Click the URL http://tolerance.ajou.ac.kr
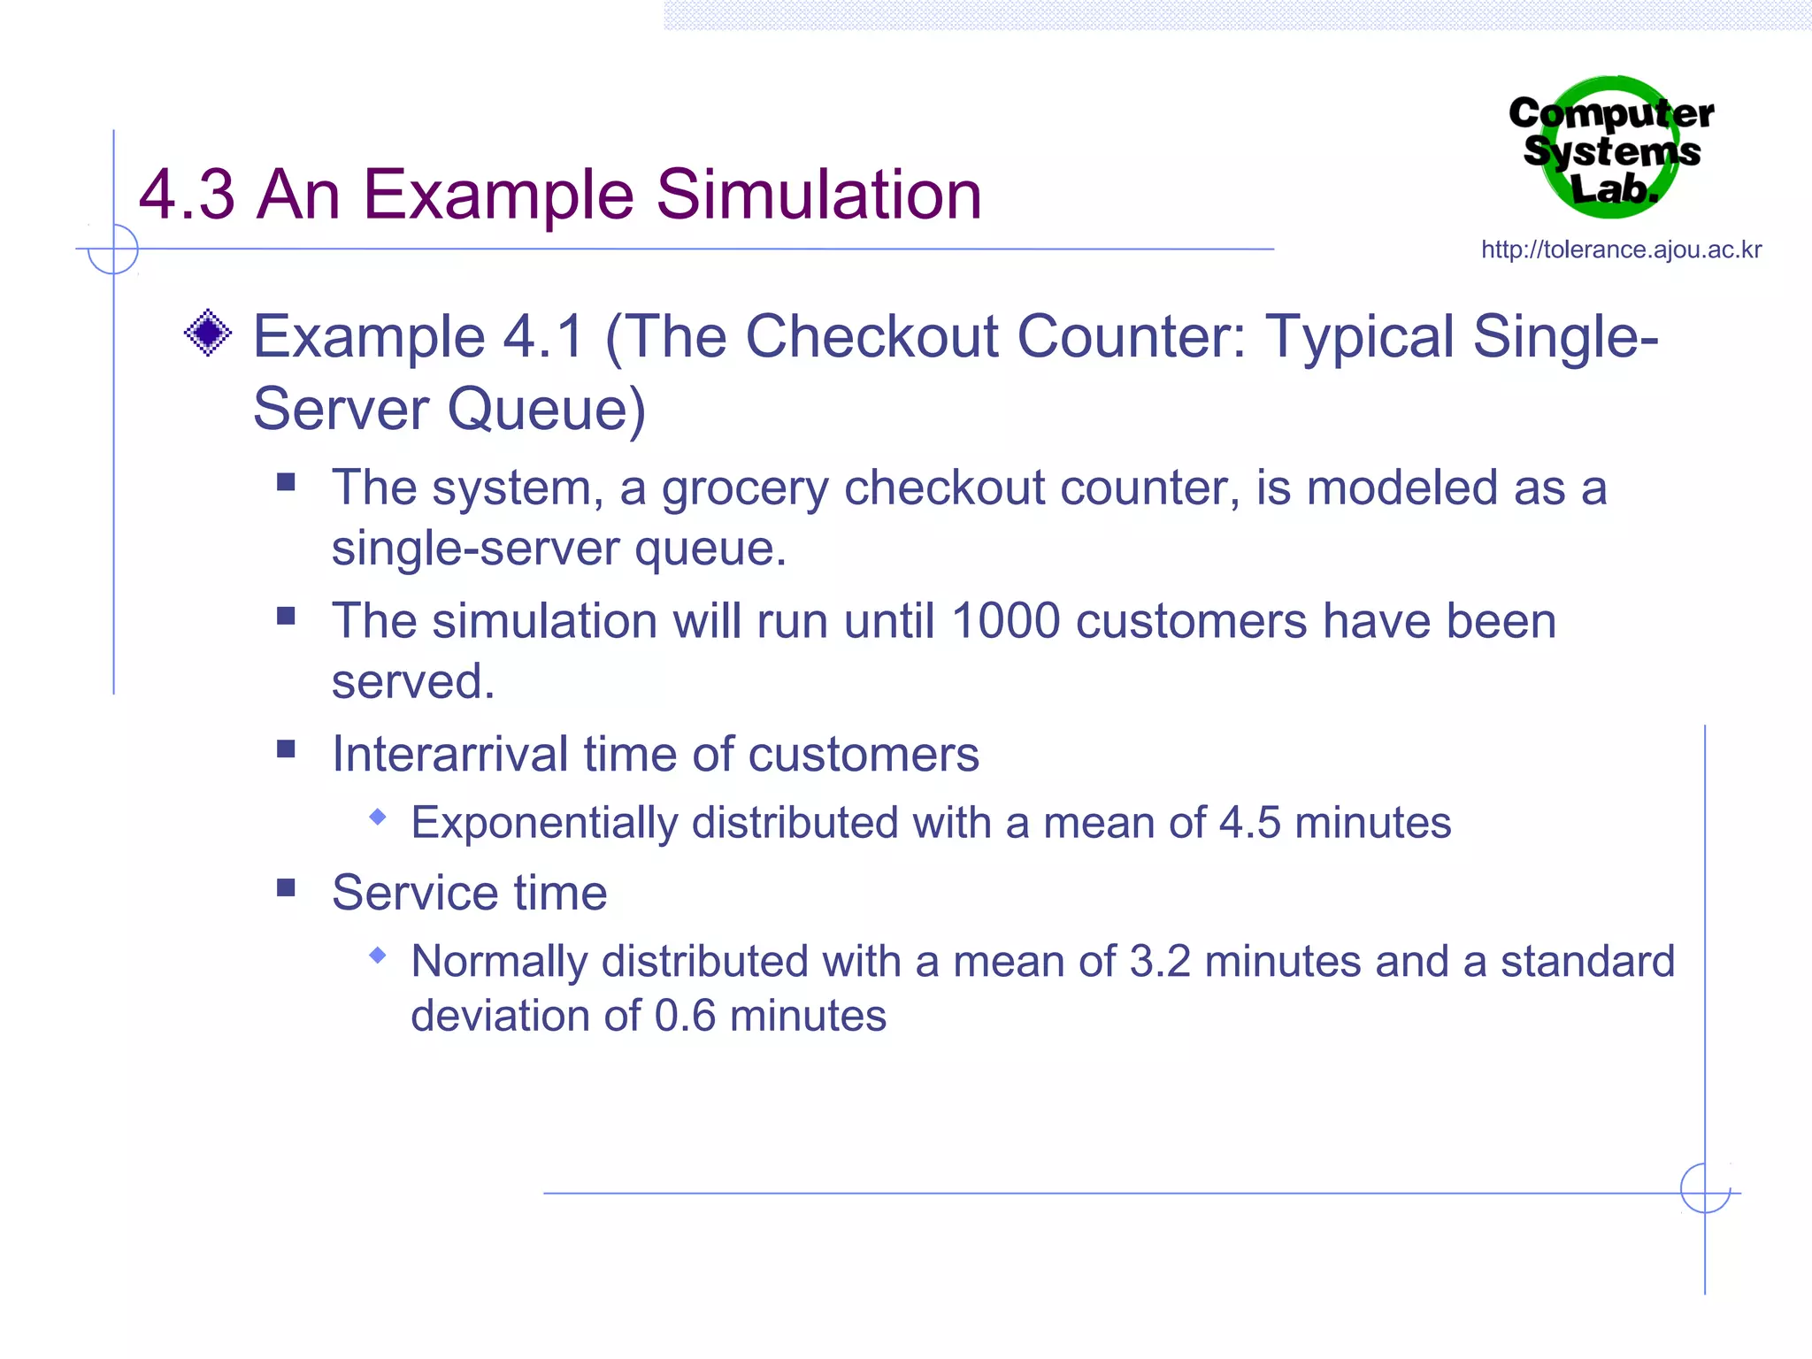(1621, 250)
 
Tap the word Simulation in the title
(818, 195)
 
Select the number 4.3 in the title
(187, 195)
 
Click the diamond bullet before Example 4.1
(208, 334)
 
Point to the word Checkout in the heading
(871, 338)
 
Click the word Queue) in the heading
(546, 410)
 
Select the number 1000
(1005, 621)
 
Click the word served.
(412, 682)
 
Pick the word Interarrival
(449, 755)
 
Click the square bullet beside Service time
(286, 887)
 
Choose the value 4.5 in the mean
(1249, 823)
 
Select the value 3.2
(1160, 962)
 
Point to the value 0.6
(684, 1016)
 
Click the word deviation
(499, 1016)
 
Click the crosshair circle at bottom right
(1704, 1188)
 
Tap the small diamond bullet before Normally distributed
(378, 956)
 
